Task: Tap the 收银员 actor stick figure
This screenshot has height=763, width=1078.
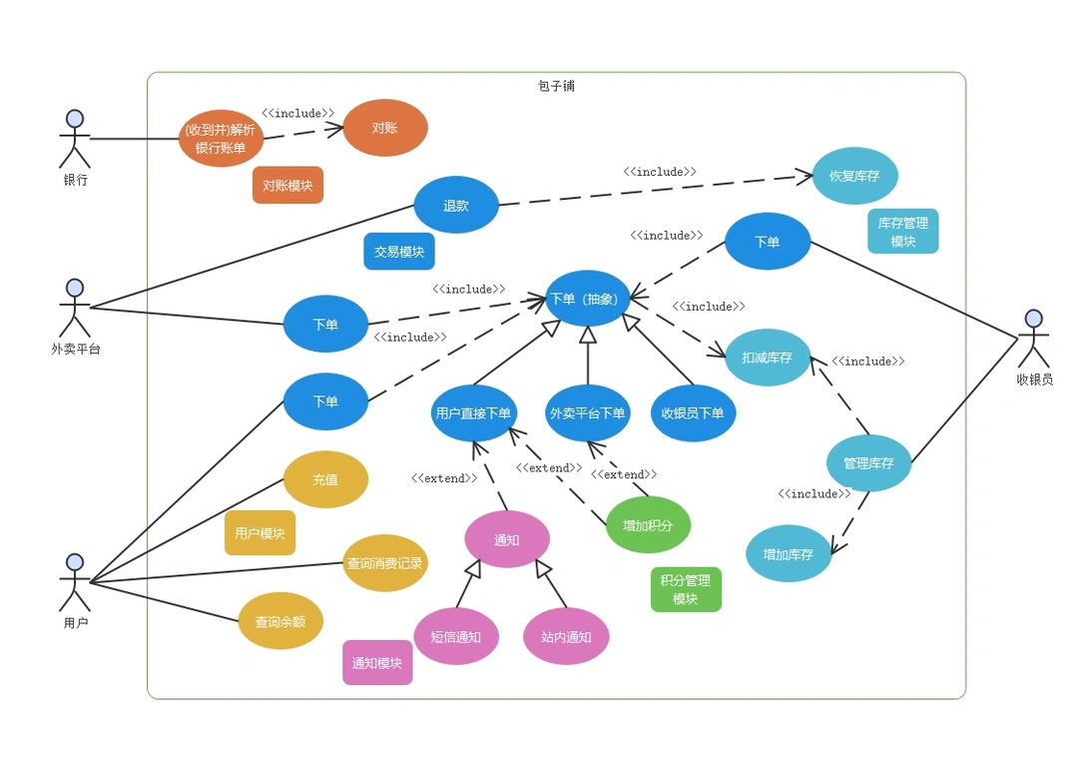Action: (x=1034, y=339)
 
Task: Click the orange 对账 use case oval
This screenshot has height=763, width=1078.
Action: (x=385, y=128)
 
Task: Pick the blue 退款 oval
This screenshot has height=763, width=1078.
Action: (x=456, y=205)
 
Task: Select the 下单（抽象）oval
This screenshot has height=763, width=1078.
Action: (x=588, y=299)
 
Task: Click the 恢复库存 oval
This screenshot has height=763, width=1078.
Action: (x=854, y=176)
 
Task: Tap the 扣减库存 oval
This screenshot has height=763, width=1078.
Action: (x=768, y=357)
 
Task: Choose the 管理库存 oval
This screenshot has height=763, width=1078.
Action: (x=868, y=463)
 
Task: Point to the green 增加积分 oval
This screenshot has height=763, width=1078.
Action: (x=648, y=524)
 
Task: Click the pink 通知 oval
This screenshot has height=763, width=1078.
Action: (x=507, y=539)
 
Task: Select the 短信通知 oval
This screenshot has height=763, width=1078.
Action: (x=456, y=636)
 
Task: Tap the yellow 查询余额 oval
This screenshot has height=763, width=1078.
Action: (x=280, y=621)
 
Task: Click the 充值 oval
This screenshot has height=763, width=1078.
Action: (x=325, y=479)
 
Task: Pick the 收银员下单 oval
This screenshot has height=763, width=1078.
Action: (x=693, y=412)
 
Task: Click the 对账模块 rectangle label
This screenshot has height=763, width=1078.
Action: (x=287, y=185)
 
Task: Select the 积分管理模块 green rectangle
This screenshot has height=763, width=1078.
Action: (x=686, y=589)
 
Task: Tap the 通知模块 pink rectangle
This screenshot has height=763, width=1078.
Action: (x=377, y=662)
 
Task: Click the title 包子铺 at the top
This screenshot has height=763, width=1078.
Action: (x=556, y=86)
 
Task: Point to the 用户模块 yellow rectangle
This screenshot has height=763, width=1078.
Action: (x=260, y=532)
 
